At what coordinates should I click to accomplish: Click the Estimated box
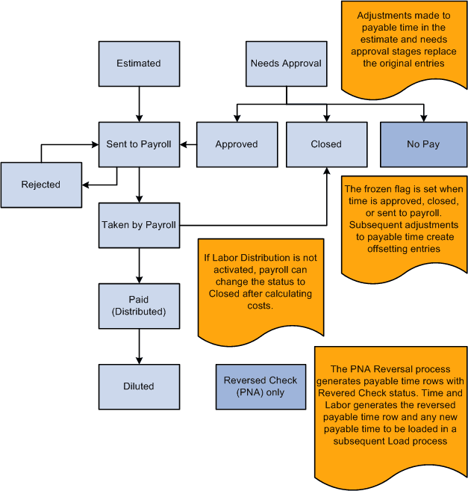tap(139, 64)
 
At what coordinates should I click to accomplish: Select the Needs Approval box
tap(286, 64)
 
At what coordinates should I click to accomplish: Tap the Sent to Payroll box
tap(139, 144)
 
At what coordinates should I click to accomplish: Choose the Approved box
tap(236, 144)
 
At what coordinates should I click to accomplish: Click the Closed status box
tap(326, 144)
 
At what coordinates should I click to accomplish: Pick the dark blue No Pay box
tap(423, 144)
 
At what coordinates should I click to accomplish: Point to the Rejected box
tap(41, 185)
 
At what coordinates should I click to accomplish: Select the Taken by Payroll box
tap(139, 224)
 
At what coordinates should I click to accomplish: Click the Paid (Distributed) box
tap(139, 305)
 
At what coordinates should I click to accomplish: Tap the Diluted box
tap(139, 386)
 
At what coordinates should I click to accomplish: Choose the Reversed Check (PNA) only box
tap(260, 386)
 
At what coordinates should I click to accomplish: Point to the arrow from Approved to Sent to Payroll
tap(188, 144)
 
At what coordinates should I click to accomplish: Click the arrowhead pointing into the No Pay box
tap(423, 117)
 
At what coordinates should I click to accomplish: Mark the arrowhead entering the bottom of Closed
tap(326, 171)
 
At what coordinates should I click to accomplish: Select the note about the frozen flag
tap(404, 224)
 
